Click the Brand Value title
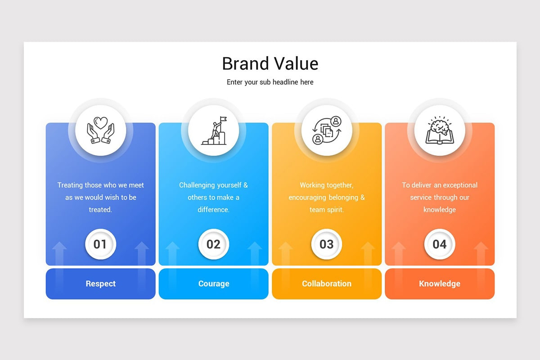coord(270,63)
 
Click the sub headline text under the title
coord(270,82)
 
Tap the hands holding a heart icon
coord(100,130)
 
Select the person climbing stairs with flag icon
coord(214,130)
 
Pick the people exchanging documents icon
coord(327,130)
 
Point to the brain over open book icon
coord(440,130)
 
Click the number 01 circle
coord(100,244)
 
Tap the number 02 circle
coord(214,244)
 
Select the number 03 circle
coord(327,244)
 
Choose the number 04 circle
coord(440,244)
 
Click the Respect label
coord(100,283)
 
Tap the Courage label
coord(214,284)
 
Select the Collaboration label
coord(327,283)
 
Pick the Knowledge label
coord(440,284)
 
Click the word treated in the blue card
coord(100,210)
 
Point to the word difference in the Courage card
coord(213,210)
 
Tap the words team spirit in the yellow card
coord(326,210)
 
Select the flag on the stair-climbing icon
coord(224,119)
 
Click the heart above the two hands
coord(100,123)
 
